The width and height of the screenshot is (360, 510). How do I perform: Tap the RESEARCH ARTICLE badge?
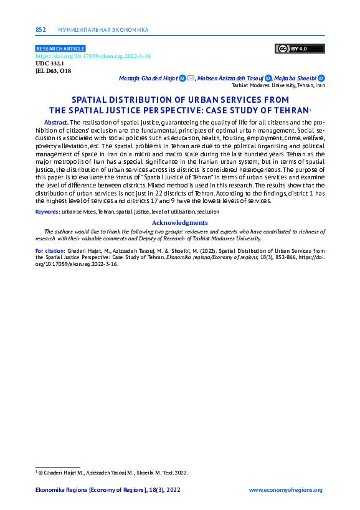(x=60, y=49)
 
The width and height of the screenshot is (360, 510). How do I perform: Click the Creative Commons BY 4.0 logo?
(x=300, y=49)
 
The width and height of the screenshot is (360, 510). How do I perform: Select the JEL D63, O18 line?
(x=54, y=71)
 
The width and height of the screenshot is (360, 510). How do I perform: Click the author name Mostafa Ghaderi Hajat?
(x=148, y=78)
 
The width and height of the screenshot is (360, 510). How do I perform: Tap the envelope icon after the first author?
(x=191, y=78)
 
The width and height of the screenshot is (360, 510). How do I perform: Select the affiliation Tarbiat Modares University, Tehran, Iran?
(x=278, y=86)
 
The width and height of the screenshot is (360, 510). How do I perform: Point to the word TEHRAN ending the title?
(x=287, y=110)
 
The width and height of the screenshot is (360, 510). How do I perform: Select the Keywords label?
(x=47, y=212)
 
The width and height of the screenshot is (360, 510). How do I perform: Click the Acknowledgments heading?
(x=179, y=222)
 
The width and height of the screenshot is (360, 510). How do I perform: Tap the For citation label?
(x=50, y=250)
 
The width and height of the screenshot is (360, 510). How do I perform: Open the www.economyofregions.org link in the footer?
(x=285, y=491)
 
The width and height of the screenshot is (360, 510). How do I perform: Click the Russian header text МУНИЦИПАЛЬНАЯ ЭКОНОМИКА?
(x=103, y=29)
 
